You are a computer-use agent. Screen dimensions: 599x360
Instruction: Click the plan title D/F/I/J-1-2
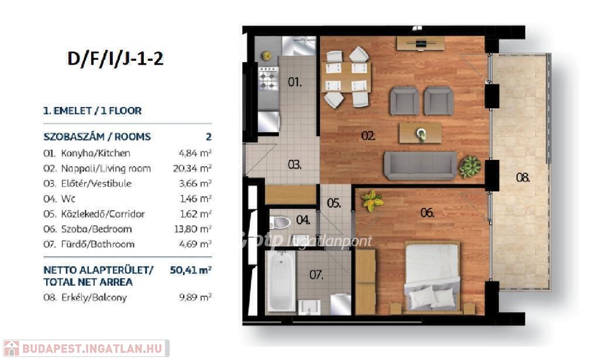point(115,59)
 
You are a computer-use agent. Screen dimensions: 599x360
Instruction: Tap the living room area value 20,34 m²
point(192,168)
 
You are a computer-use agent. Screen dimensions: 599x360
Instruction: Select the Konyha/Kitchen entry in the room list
point(95,153)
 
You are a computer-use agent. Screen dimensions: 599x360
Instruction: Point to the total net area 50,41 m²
point(191,270)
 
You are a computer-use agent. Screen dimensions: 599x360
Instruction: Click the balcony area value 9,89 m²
point(195,297)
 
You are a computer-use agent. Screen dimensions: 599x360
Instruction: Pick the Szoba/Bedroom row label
point(97,229)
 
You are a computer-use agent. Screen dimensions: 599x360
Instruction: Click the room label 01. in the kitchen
point(295,82)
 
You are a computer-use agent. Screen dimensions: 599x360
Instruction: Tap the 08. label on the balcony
point(522,177)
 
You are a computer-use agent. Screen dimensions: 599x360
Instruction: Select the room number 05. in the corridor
point(334,203)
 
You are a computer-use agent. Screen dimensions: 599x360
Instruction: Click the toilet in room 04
point(280,222)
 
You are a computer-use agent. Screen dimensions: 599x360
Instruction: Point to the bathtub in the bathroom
point(281,282)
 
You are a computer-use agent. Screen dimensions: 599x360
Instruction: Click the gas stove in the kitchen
point(268,78)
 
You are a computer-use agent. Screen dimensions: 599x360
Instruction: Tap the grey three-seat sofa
point(420,165)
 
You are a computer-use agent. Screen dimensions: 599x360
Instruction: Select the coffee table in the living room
point(420,133)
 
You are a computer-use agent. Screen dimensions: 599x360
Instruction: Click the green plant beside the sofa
point(470,167)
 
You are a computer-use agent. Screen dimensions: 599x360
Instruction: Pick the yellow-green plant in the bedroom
point(371,201)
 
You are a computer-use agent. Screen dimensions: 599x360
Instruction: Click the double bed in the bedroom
point(432,276)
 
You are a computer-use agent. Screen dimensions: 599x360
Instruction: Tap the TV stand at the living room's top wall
point(421,43)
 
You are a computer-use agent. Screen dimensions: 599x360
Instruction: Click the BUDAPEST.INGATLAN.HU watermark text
point(92,348)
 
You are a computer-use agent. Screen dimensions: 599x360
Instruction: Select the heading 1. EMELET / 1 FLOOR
point(92,111)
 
